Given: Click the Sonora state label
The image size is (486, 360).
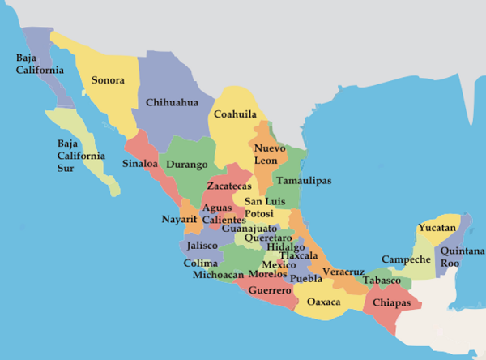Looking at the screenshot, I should [108, 80].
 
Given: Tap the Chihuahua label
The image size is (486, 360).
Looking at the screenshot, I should [172, 103].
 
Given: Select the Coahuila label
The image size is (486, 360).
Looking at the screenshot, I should [235, 114].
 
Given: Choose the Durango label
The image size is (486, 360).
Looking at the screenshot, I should [186, 165].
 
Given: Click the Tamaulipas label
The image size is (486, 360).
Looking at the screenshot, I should [303, 181].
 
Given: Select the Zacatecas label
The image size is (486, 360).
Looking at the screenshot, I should [229, 186].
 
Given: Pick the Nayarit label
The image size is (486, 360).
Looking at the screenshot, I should [179, 219].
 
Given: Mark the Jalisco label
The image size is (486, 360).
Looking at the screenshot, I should [202, 245].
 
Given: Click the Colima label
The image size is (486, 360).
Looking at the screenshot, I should [200, 263].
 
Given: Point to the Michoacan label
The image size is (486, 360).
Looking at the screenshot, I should [218, 275].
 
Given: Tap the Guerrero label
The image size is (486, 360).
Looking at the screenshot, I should [270, 289].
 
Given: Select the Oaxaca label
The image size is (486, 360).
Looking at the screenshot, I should [324, 302].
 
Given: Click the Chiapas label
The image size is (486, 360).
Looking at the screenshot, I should [392, 303].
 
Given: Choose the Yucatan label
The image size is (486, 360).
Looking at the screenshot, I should [438, 228].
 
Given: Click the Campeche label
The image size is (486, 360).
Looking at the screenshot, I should [406, 259].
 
